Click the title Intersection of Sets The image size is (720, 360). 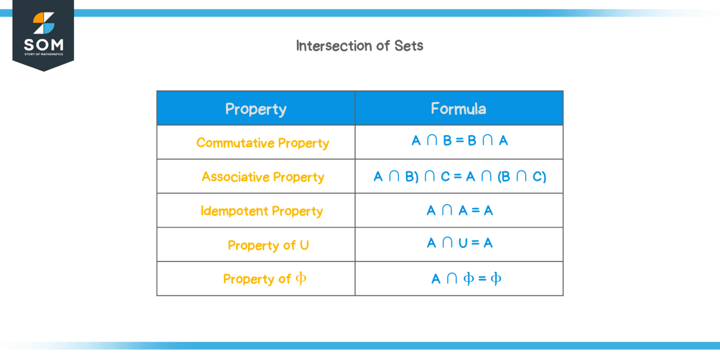pos(360,45)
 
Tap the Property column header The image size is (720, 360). pos(255,109)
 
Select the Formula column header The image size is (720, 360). pos(458,109)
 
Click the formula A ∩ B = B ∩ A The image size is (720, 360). pos(459,141)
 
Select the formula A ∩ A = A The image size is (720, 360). pos(459,210)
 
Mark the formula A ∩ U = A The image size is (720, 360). pos(459,243)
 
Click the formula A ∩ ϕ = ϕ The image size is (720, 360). pos(466,279)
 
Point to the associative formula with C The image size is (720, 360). pos(459,177)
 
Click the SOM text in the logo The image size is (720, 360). pos(43,45)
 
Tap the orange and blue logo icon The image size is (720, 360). pos(44,23)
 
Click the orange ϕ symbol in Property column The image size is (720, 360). pos(300,278)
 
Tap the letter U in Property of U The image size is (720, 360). pos(304,245)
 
